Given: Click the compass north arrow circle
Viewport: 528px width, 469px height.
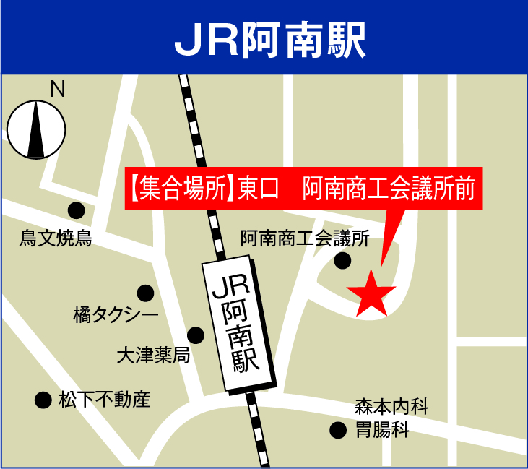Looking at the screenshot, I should (x=35, y=129).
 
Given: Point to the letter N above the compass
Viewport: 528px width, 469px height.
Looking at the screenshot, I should (x=57, y=89).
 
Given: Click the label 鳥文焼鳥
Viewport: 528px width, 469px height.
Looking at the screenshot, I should (x=56, y=238).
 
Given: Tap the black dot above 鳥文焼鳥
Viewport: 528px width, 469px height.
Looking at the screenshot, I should (x=76, y=210).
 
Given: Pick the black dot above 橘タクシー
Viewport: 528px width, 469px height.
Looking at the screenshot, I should (x=145, y=293).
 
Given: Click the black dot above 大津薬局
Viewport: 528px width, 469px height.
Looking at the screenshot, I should (x=196, y=335).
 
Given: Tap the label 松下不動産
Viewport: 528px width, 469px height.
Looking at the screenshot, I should (x=104, y=399).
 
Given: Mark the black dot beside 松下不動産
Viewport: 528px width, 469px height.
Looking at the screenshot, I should (x=43, y=399).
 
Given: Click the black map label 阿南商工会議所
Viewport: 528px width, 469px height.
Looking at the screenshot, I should (x=305, y=238).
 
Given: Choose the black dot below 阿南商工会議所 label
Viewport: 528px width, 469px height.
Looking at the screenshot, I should (x=342, y=260).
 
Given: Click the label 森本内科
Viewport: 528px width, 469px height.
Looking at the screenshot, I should (x=391, y=407).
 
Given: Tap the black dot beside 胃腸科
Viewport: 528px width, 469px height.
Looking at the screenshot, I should (x=337, y=431).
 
